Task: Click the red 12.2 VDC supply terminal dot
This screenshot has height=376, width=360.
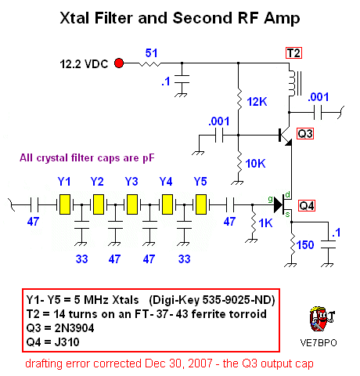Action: point(120,63)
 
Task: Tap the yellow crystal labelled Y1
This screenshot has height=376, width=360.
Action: point(65,204)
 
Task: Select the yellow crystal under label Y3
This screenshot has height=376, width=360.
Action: point(132,204)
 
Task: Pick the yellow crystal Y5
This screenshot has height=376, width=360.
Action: point(201,204)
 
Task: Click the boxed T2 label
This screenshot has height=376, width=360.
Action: point(293,53)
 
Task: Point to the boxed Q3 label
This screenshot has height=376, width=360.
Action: point(305,134)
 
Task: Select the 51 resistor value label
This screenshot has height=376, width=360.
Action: point(152,53)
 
